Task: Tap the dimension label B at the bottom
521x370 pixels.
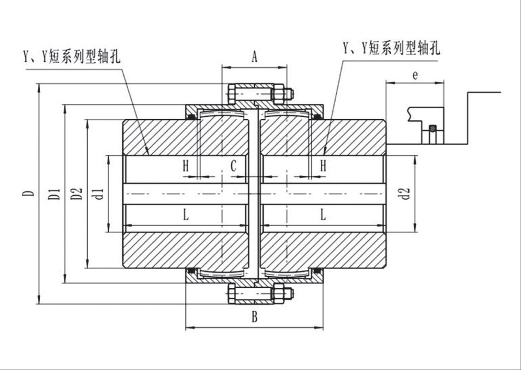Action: point(254,317)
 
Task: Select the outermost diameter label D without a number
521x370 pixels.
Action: point(29,193)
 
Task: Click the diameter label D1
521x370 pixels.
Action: point(56,193)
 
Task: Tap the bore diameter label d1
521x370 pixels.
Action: point(98,193)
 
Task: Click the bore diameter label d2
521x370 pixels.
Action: point(406,193)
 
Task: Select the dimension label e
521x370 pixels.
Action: point(415,75)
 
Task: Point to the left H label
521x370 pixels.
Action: point(186,166)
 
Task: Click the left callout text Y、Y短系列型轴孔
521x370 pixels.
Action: point(72,57)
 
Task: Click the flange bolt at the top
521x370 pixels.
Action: point(259,94)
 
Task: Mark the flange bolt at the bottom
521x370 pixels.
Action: point(259,294)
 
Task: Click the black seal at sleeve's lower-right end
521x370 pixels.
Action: point(317,270)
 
